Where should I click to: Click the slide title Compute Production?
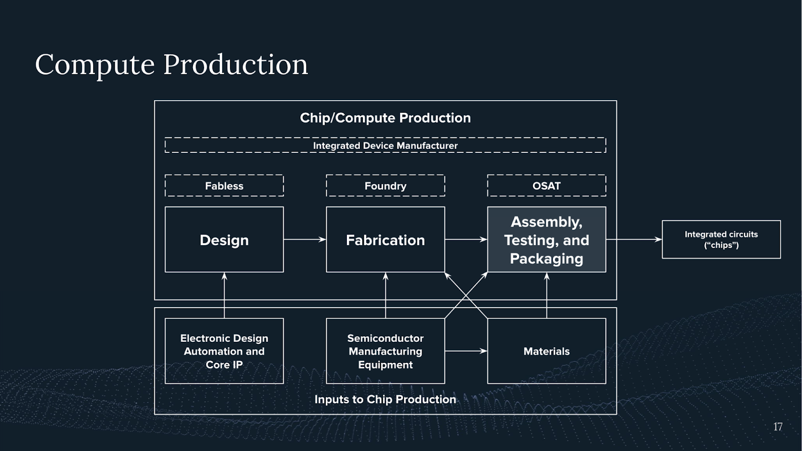tap(171, 65)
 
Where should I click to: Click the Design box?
tap(224, 240)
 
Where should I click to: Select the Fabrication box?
tap(385, 240)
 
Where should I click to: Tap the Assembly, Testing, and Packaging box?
tap(546, 240)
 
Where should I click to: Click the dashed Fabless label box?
tap(224, 186)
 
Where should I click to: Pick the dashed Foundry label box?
tap(385, 186)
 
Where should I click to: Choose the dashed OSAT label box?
tap(546, 186)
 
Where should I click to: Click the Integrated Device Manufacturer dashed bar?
tap(385, 145)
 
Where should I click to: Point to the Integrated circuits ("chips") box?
tap(721, 240)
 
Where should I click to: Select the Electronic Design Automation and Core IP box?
tap(224, 351)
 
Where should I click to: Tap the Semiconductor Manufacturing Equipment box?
tap(385, 351)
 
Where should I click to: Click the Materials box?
tap(546, 351)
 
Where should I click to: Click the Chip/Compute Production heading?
tap(385, 118)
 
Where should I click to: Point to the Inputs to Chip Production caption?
tap(385, 399)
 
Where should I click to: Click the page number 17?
tap(777, 427)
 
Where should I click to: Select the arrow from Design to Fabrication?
tap(305, 240)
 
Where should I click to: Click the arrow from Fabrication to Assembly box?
tap(466, 240)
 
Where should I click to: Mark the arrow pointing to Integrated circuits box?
tap(634, 240)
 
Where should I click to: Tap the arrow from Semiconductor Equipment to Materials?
tap(466, 351)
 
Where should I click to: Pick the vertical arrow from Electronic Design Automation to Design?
tap(224, 295)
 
